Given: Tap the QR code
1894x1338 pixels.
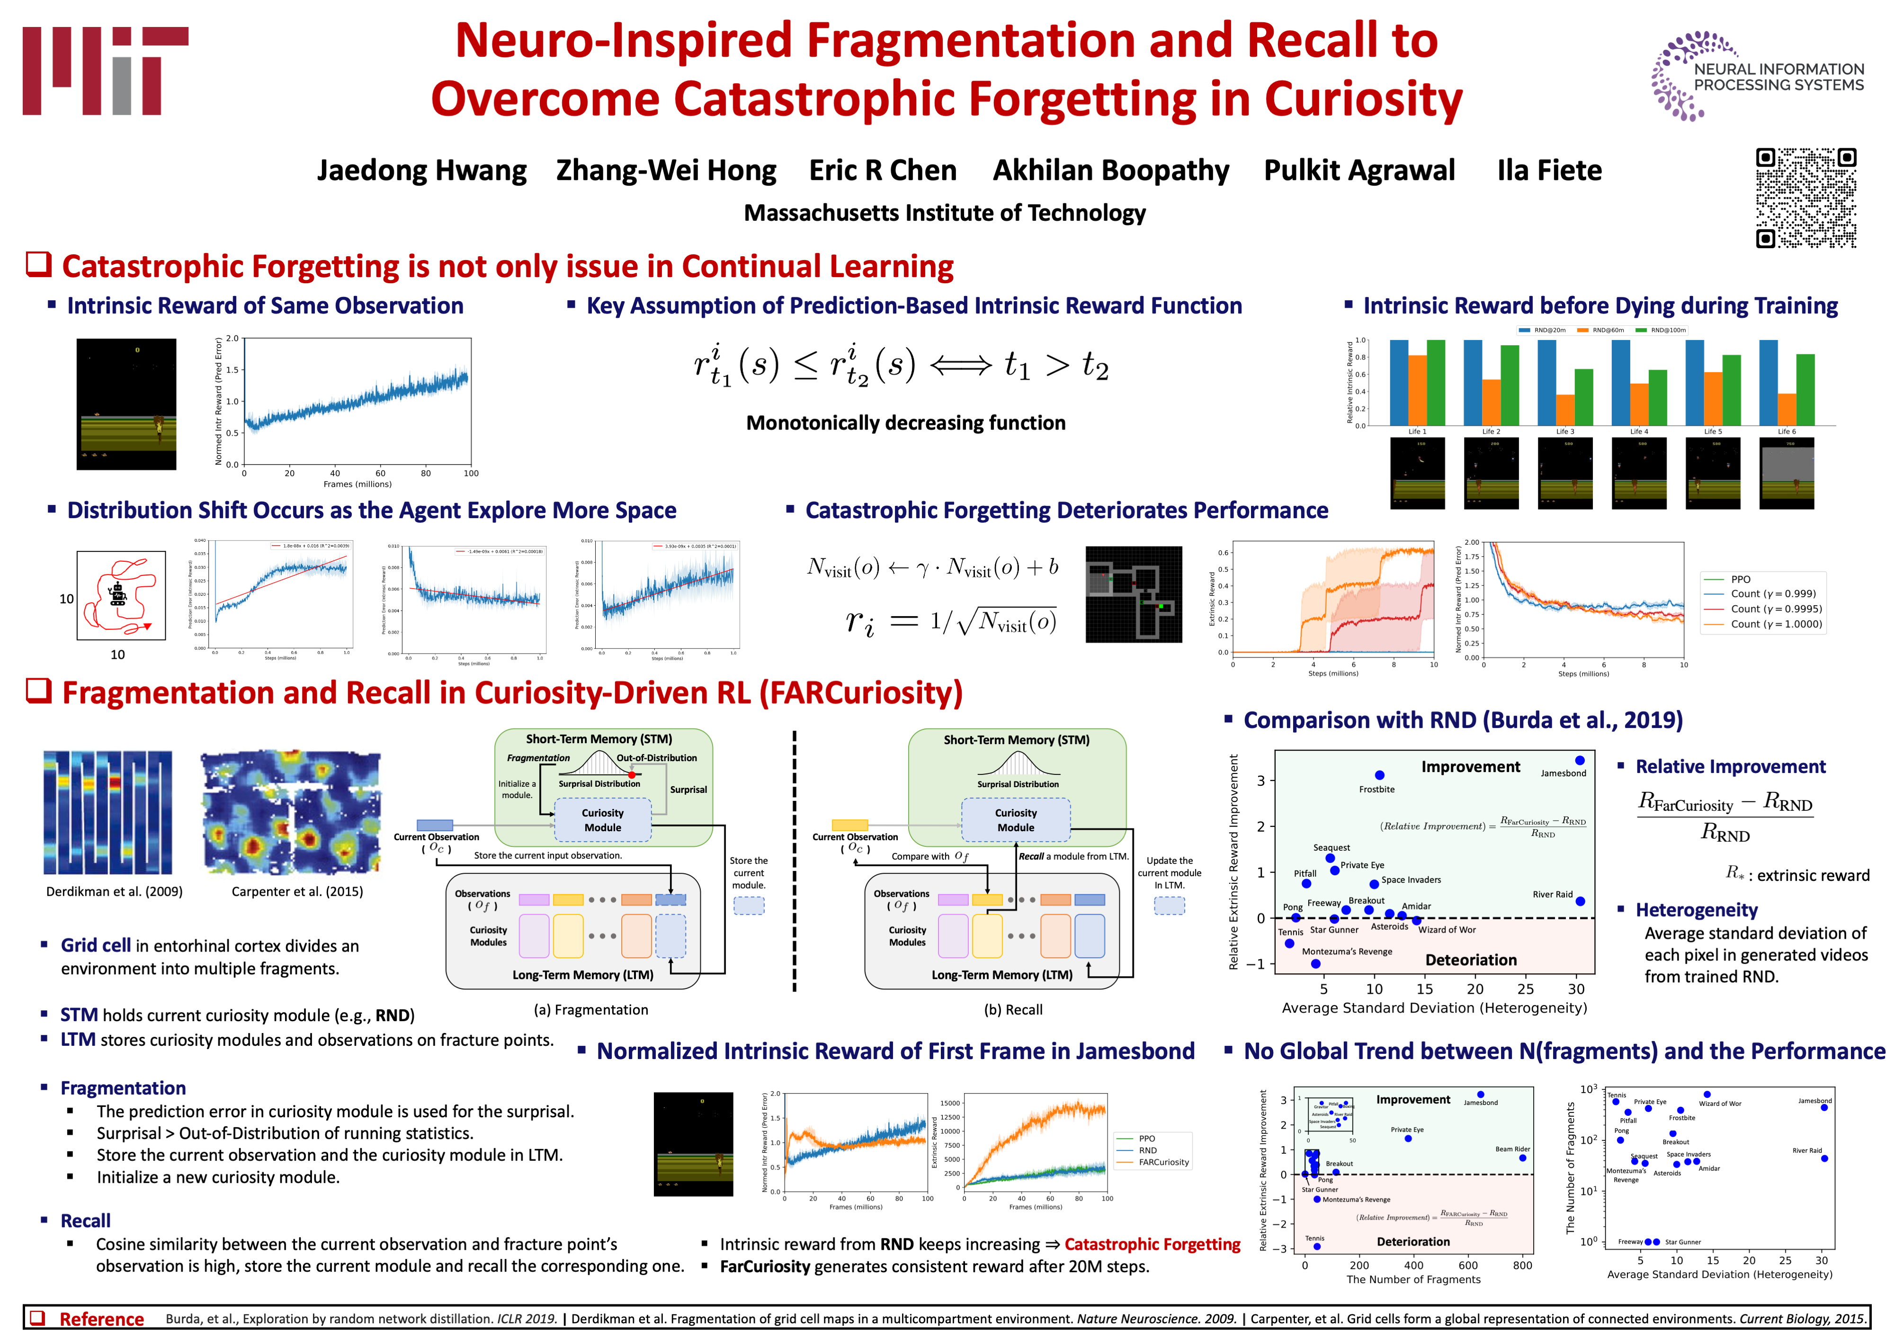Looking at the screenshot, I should coord(1806,198).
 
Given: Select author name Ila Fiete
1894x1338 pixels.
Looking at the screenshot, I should coord(1549,171).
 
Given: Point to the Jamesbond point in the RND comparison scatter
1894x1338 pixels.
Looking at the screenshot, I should coord(1579,761).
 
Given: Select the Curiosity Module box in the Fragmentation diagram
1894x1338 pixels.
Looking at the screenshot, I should coord(603,820).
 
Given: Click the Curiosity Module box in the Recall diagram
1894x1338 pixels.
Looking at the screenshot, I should coord(1016,820).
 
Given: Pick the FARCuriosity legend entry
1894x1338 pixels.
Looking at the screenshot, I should coord(1163,1162).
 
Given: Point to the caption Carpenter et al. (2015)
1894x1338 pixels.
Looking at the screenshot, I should coord(297,892).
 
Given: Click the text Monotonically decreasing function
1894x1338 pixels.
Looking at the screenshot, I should coord(906,423).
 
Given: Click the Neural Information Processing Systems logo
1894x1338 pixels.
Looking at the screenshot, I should coord(1757,77).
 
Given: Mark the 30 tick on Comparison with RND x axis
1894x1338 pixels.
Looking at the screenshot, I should coord(1576,989).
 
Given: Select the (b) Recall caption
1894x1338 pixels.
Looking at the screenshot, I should coord(1013,1010).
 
